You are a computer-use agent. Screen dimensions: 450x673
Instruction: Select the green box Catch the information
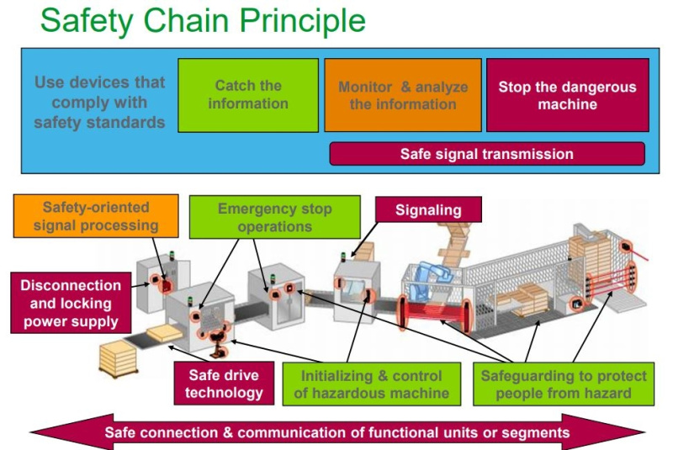(x=248, y=95)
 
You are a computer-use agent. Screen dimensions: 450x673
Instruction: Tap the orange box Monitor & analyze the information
(x=403, y=95)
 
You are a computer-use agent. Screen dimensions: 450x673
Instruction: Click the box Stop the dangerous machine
(x=567, y=95)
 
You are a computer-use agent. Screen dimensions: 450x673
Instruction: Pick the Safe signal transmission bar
(x=487, y=154)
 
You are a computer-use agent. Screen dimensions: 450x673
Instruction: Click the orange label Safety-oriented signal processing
(x=96, y=215)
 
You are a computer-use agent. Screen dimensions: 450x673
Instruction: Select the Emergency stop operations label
(x=274, y=217)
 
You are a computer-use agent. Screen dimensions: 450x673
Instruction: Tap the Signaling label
(x=428, y=210)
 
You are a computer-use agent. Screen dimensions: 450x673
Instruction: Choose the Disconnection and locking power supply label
(x=70, y=304)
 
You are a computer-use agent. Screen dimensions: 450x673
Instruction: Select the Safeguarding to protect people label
(x=561, y=384)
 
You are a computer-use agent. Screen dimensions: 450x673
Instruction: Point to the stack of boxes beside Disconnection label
(x=119, y=361)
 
